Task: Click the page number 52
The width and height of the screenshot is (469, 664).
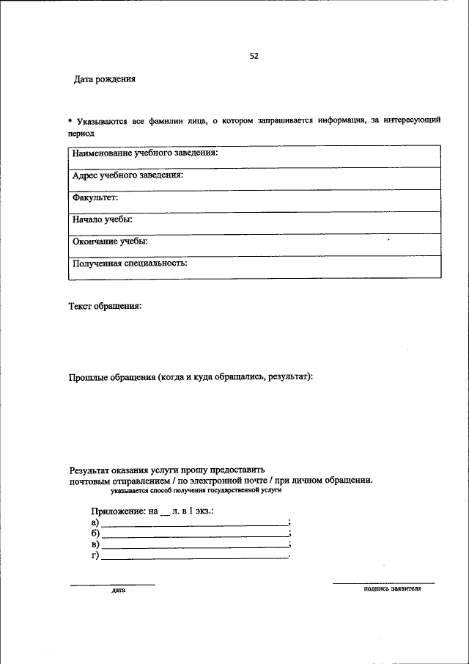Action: [x=254, y=56]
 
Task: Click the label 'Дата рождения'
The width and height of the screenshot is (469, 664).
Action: [x=106, y=79]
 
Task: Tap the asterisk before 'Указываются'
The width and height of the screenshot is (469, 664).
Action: [x=71, y=120]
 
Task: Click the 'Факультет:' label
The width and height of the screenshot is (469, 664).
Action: [x=95, y=197]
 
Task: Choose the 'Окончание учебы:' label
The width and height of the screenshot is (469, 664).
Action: [x=110, y=241]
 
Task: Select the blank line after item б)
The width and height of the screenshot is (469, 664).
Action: [x=194, y=535]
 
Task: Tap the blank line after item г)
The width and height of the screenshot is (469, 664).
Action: [x=194, y=558]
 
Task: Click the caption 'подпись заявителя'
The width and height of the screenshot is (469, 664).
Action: [x=391, y=588]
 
